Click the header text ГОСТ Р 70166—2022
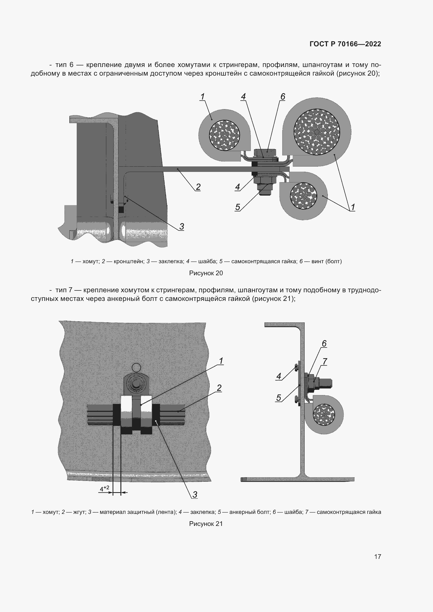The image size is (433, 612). coord(345,44)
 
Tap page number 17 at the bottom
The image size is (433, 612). coord(378,557)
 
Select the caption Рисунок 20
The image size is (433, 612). coord(206,273)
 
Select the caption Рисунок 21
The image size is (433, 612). coord(206,524)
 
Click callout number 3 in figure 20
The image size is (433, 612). coord(182,227)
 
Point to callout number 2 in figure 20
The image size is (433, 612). coord(198,187)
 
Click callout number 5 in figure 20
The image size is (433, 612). coord(237,207)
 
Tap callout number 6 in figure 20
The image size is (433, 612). coord(283,97)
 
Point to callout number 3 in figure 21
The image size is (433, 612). coord(195,495)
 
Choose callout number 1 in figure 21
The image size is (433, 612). coord(221,361)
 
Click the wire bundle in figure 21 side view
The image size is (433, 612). coord(324,414)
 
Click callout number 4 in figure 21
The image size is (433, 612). coord(279,376)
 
